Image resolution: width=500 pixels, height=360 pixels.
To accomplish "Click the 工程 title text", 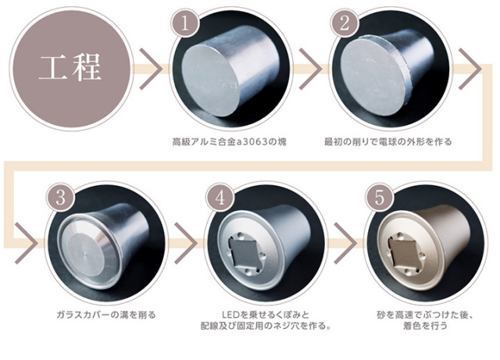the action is pyautogui.click(x=70, y=68).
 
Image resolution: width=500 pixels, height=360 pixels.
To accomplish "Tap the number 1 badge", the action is pyautogui.click(x=185, y=24).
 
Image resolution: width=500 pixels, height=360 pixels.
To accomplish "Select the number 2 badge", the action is pyautogui.click(x=345, y=24).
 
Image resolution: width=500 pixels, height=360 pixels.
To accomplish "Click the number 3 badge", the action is pyautogui.click(x=61, y=198).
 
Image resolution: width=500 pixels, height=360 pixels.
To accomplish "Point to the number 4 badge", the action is pyautogui.click(x=220, y=198).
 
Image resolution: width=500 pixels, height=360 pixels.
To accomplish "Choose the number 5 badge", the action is pyautogui.click(x=380, y=198).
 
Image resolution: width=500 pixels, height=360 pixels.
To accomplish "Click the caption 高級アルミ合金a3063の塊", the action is pyautogui.click(x=229, y=141).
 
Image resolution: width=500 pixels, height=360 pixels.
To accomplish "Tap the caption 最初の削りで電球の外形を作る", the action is pyautogui.click(x=388, y=141).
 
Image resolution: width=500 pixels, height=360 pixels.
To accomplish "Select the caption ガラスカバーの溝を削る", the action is pyautogui.click(x=106, y=315).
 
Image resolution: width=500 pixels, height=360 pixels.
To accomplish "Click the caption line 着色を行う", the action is pyautogui.click(x=425, y=326).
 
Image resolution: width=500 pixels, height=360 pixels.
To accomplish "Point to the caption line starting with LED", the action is pyautogui.click(x=266, y=315).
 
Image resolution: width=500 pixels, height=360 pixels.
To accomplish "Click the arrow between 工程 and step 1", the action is pyautogui.click(x=151, y=69).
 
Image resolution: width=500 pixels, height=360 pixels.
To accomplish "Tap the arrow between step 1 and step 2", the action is pyautogui.click(x=310, y=69).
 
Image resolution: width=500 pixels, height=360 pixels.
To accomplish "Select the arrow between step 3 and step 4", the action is pyautogui.click(x=186, y=244).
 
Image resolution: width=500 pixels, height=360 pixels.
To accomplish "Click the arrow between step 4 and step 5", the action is pyautogui.click(x=345, y=244).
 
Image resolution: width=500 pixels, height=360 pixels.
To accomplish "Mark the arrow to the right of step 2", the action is pyautogui.click(x=470, y=69).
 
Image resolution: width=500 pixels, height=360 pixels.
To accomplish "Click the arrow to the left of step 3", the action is pyautogui.click(x=27, y=244).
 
